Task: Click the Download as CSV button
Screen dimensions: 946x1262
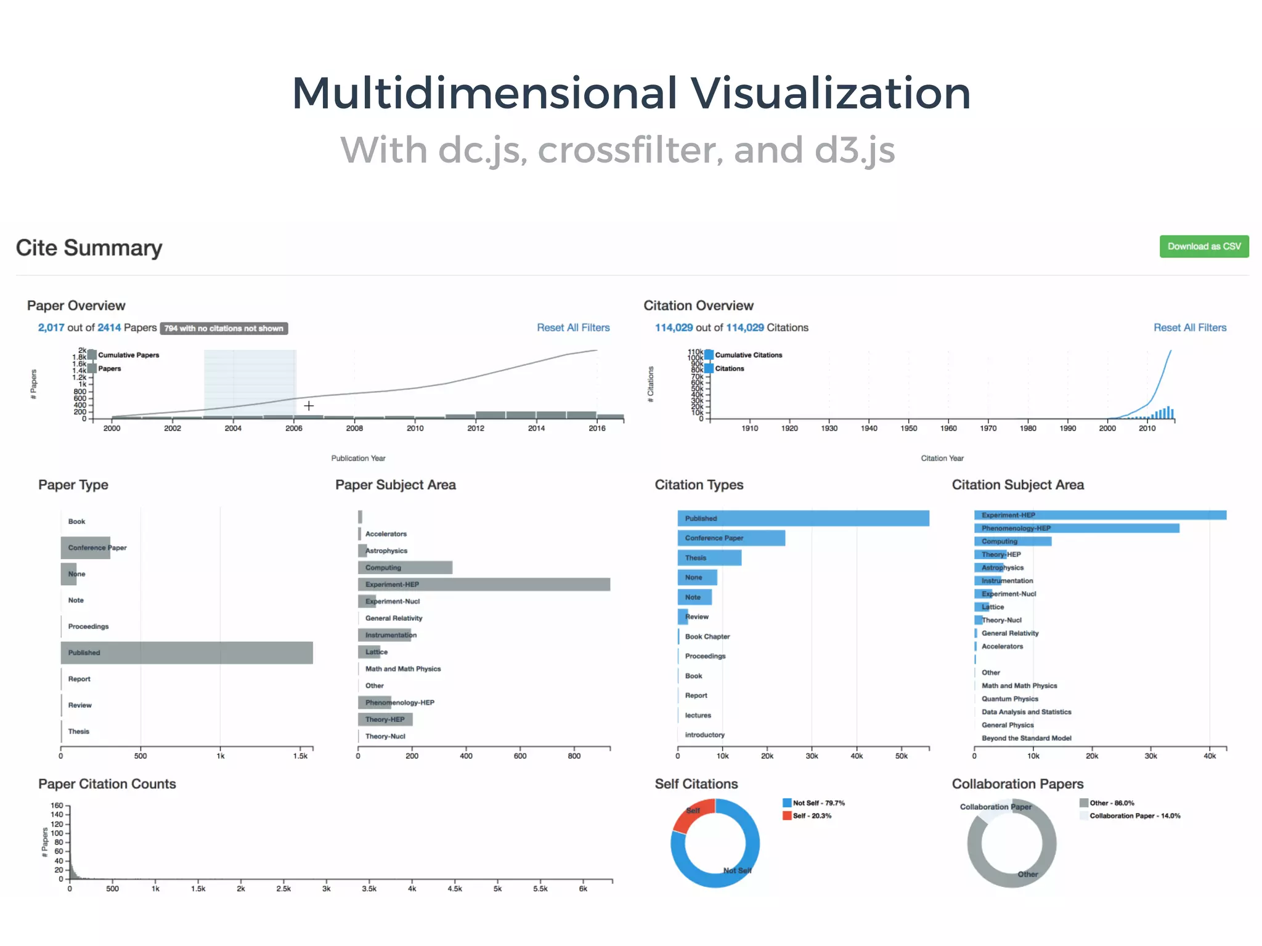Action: pyautogui.click(x=1203, y=246)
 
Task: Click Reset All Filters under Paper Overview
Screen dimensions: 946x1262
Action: pyautogui.click(x=573, y=328)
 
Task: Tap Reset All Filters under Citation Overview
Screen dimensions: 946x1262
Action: pyautogui.click(x=1189, y=328)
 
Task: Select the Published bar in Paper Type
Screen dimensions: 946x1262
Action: pyautogui.click(x=187, y=653)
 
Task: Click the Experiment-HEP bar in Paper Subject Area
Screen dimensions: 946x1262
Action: pyautogui.click(x=484, y=584)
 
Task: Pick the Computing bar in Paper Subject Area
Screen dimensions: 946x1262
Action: pyautogui.click(x=405, y=568)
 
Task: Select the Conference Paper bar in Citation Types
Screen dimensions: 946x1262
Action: pyautogui.click(x=731, y=538)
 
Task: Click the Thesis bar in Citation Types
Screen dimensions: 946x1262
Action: pyautogui.click(x=709, y=558)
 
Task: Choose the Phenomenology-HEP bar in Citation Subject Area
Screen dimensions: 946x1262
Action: pyautogui.click(x=1076, y=528)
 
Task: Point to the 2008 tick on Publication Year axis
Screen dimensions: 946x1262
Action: pyautogui.click(x=354, y=428)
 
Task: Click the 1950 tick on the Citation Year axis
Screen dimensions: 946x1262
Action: pyautogui.click(x=909, y=428)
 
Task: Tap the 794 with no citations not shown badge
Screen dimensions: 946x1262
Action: pyautogui.click(x=224, y=328)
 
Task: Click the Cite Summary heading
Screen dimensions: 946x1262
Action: pyautogui.click(x=89, y=248)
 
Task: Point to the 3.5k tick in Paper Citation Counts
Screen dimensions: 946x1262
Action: pyautogui.click(x=369, y=889)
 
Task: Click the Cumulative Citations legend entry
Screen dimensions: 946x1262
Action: pyautogui.click(x=747, y=355)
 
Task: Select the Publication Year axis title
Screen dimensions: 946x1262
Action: pyautogui.click(x=358, y=458)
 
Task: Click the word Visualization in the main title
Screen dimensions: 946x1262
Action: pyautogui.click(x=830, y=94)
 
